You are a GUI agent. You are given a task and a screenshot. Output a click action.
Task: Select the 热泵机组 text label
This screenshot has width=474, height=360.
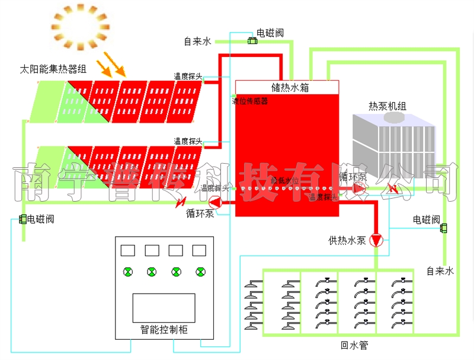click(x=387, y=107)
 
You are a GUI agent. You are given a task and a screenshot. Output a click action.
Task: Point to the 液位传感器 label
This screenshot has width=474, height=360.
click(x=250, y=101)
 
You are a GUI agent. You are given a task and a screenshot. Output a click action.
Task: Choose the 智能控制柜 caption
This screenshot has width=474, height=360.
click(x=164, y=330)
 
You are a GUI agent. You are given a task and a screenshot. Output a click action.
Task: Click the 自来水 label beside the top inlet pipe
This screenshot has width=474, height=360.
click(x=197, y=42)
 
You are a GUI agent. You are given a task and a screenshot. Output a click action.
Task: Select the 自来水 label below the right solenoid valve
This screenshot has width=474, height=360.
click(x=440, y=271)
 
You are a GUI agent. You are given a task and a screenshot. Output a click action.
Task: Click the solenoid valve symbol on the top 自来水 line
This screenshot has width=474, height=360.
click(x=252, y=40)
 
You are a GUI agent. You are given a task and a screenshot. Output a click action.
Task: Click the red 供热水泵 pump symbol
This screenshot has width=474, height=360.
click(x=376, y=240)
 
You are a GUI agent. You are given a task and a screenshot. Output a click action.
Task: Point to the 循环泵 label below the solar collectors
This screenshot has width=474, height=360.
click(x=200, y=214)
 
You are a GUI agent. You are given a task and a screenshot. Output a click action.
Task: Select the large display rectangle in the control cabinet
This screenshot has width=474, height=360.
click(x=164, y=308)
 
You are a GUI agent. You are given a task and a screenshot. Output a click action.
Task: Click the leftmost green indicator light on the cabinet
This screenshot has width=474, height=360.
click(x=128, y=272)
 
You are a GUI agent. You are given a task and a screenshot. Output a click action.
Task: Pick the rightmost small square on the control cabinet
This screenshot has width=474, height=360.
click(x=200, y=250)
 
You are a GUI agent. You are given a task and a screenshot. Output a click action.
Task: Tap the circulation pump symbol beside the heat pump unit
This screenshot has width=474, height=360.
click(x=358, y=189)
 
